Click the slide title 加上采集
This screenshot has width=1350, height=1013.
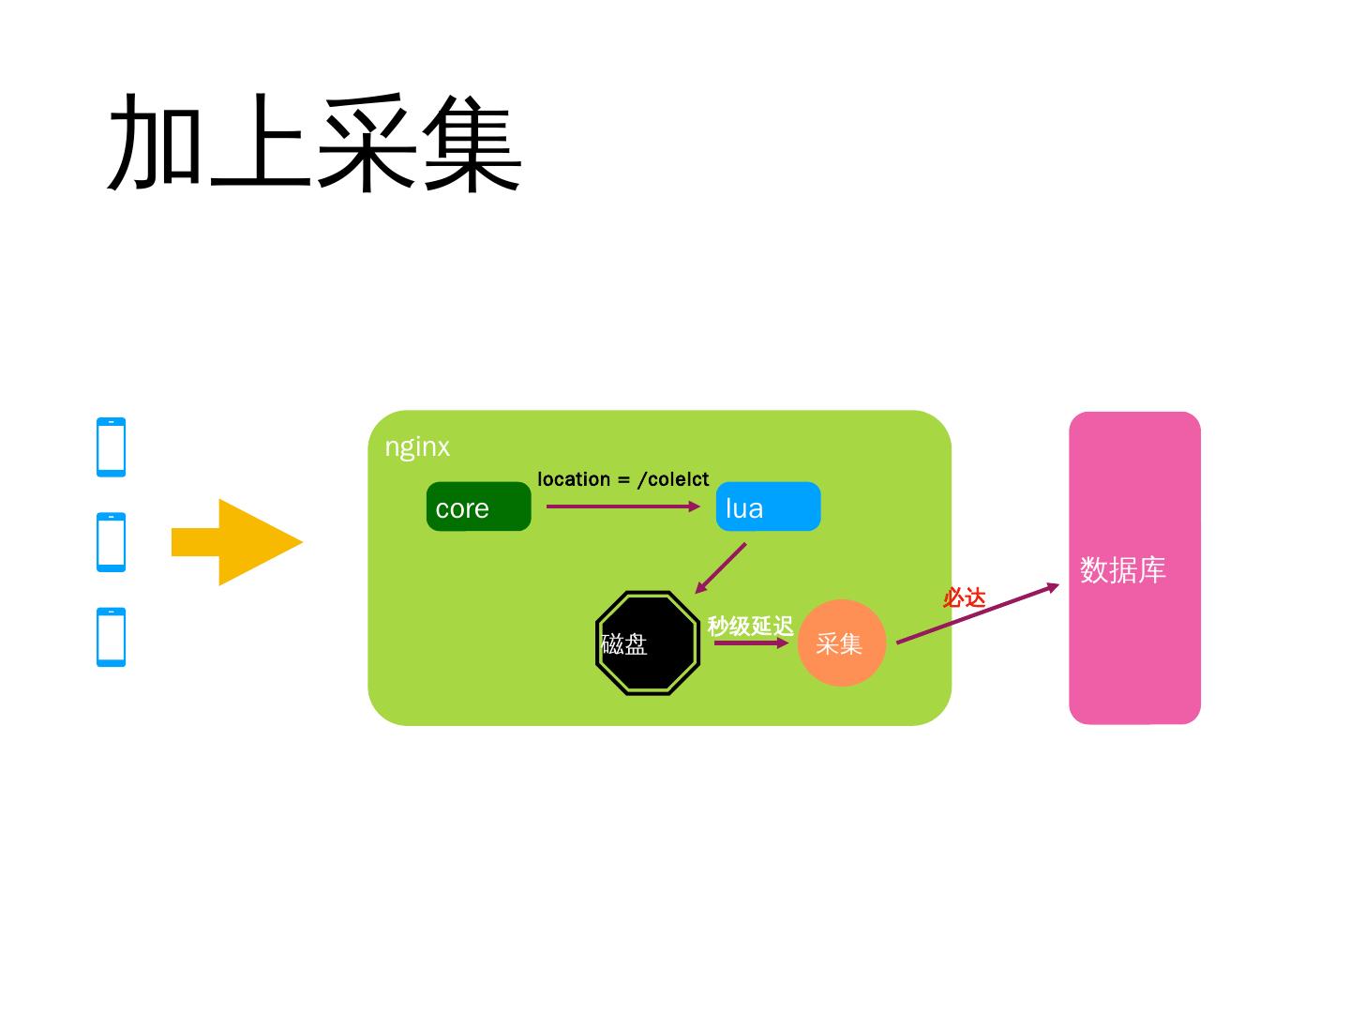click(315, 143)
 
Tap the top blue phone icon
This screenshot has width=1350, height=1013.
click(111, 447)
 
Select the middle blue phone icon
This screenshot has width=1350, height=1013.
click(111, 542)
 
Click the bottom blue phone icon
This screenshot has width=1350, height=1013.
click(111, 637)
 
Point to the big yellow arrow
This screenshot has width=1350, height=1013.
click(238, 542)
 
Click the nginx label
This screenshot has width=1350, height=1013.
click(417, 447)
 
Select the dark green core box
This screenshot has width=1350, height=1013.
click(478, 506)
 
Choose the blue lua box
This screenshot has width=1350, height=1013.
click(768, 506)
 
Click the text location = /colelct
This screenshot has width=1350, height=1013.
click(622, 479)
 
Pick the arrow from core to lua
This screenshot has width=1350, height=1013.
click(622, 506)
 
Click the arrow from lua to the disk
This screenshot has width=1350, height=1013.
click(721, 567)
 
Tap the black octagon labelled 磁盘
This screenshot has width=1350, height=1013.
click(648, 643)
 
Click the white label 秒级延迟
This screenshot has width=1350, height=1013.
click(750, 626)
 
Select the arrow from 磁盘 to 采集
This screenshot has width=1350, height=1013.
click(750, 643)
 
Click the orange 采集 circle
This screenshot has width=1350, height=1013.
click(841, 643)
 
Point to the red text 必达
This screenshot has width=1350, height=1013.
click(964, 597)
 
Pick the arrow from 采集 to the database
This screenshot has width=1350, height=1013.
click(977, 615)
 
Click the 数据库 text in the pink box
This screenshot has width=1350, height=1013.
click(1122, 569)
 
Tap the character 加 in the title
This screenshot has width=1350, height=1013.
click(157, 143)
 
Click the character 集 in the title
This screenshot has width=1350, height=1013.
click(472, 143)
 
